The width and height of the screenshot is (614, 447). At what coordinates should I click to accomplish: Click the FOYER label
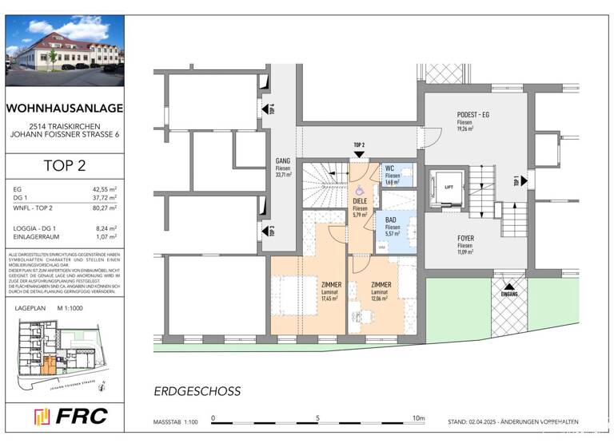(465, 238)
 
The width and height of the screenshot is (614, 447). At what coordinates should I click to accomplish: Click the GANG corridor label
(283, 160)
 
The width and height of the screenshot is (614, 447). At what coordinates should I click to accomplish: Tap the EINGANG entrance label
(509, 294)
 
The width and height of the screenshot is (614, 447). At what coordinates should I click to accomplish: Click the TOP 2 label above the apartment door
(359, 144)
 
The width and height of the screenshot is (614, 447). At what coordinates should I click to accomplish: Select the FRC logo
(66, 417)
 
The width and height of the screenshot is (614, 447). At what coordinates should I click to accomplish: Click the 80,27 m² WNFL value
(106, 208)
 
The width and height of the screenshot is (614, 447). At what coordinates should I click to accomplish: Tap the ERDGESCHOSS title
(197, 392)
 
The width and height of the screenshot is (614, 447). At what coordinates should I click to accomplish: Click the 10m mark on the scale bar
(419, 417)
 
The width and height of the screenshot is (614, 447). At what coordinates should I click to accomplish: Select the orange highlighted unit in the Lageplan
(50, 366)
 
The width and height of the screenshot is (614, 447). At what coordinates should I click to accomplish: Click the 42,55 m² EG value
(106, 189)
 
